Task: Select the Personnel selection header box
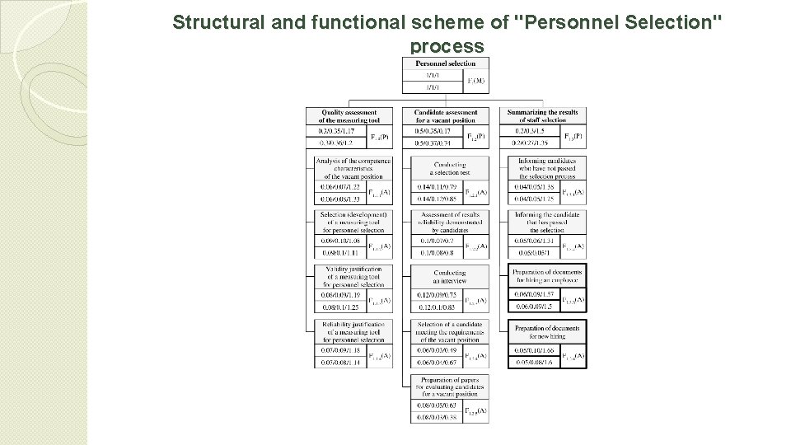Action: coord(445,63)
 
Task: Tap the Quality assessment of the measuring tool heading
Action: coord(349,116)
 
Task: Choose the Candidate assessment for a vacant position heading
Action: coord(445,116)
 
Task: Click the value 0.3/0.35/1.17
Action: coord(335,131)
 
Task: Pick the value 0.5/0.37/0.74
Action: coord(432,142)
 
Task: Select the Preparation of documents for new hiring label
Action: coord(546,332)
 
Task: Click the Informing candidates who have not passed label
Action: coord(546,168)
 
